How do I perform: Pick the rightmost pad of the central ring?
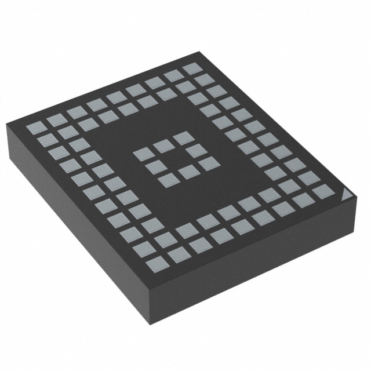pos(208,163)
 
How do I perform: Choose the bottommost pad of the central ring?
pos(168,180)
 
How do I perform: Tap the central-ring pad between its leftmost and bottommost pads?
pos(155,168)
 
